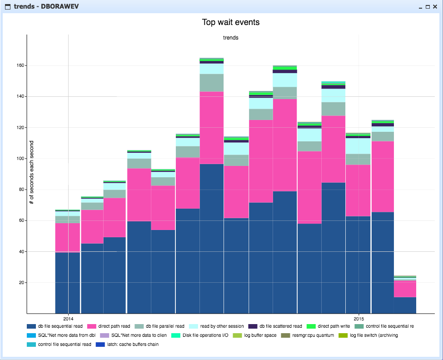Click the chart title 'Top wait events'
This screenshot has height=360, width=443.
pos(230,22)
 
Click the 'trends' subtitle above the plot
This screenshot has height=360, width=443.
pos(230,38)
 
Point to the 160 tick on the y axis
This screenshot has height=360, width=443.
pos(20,65)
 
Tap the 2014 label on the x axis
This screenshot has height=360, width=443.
pos(68,318)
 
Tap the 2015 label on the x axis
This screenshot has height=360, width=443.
pos(358,318)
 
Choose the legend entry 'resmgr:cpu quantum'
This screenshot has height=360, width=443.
pos(313,335)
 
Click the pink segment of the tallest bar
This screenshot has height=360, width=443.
pos(212,127)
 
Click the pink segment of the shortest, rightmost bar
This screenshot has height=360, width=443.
pos(405,289)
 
